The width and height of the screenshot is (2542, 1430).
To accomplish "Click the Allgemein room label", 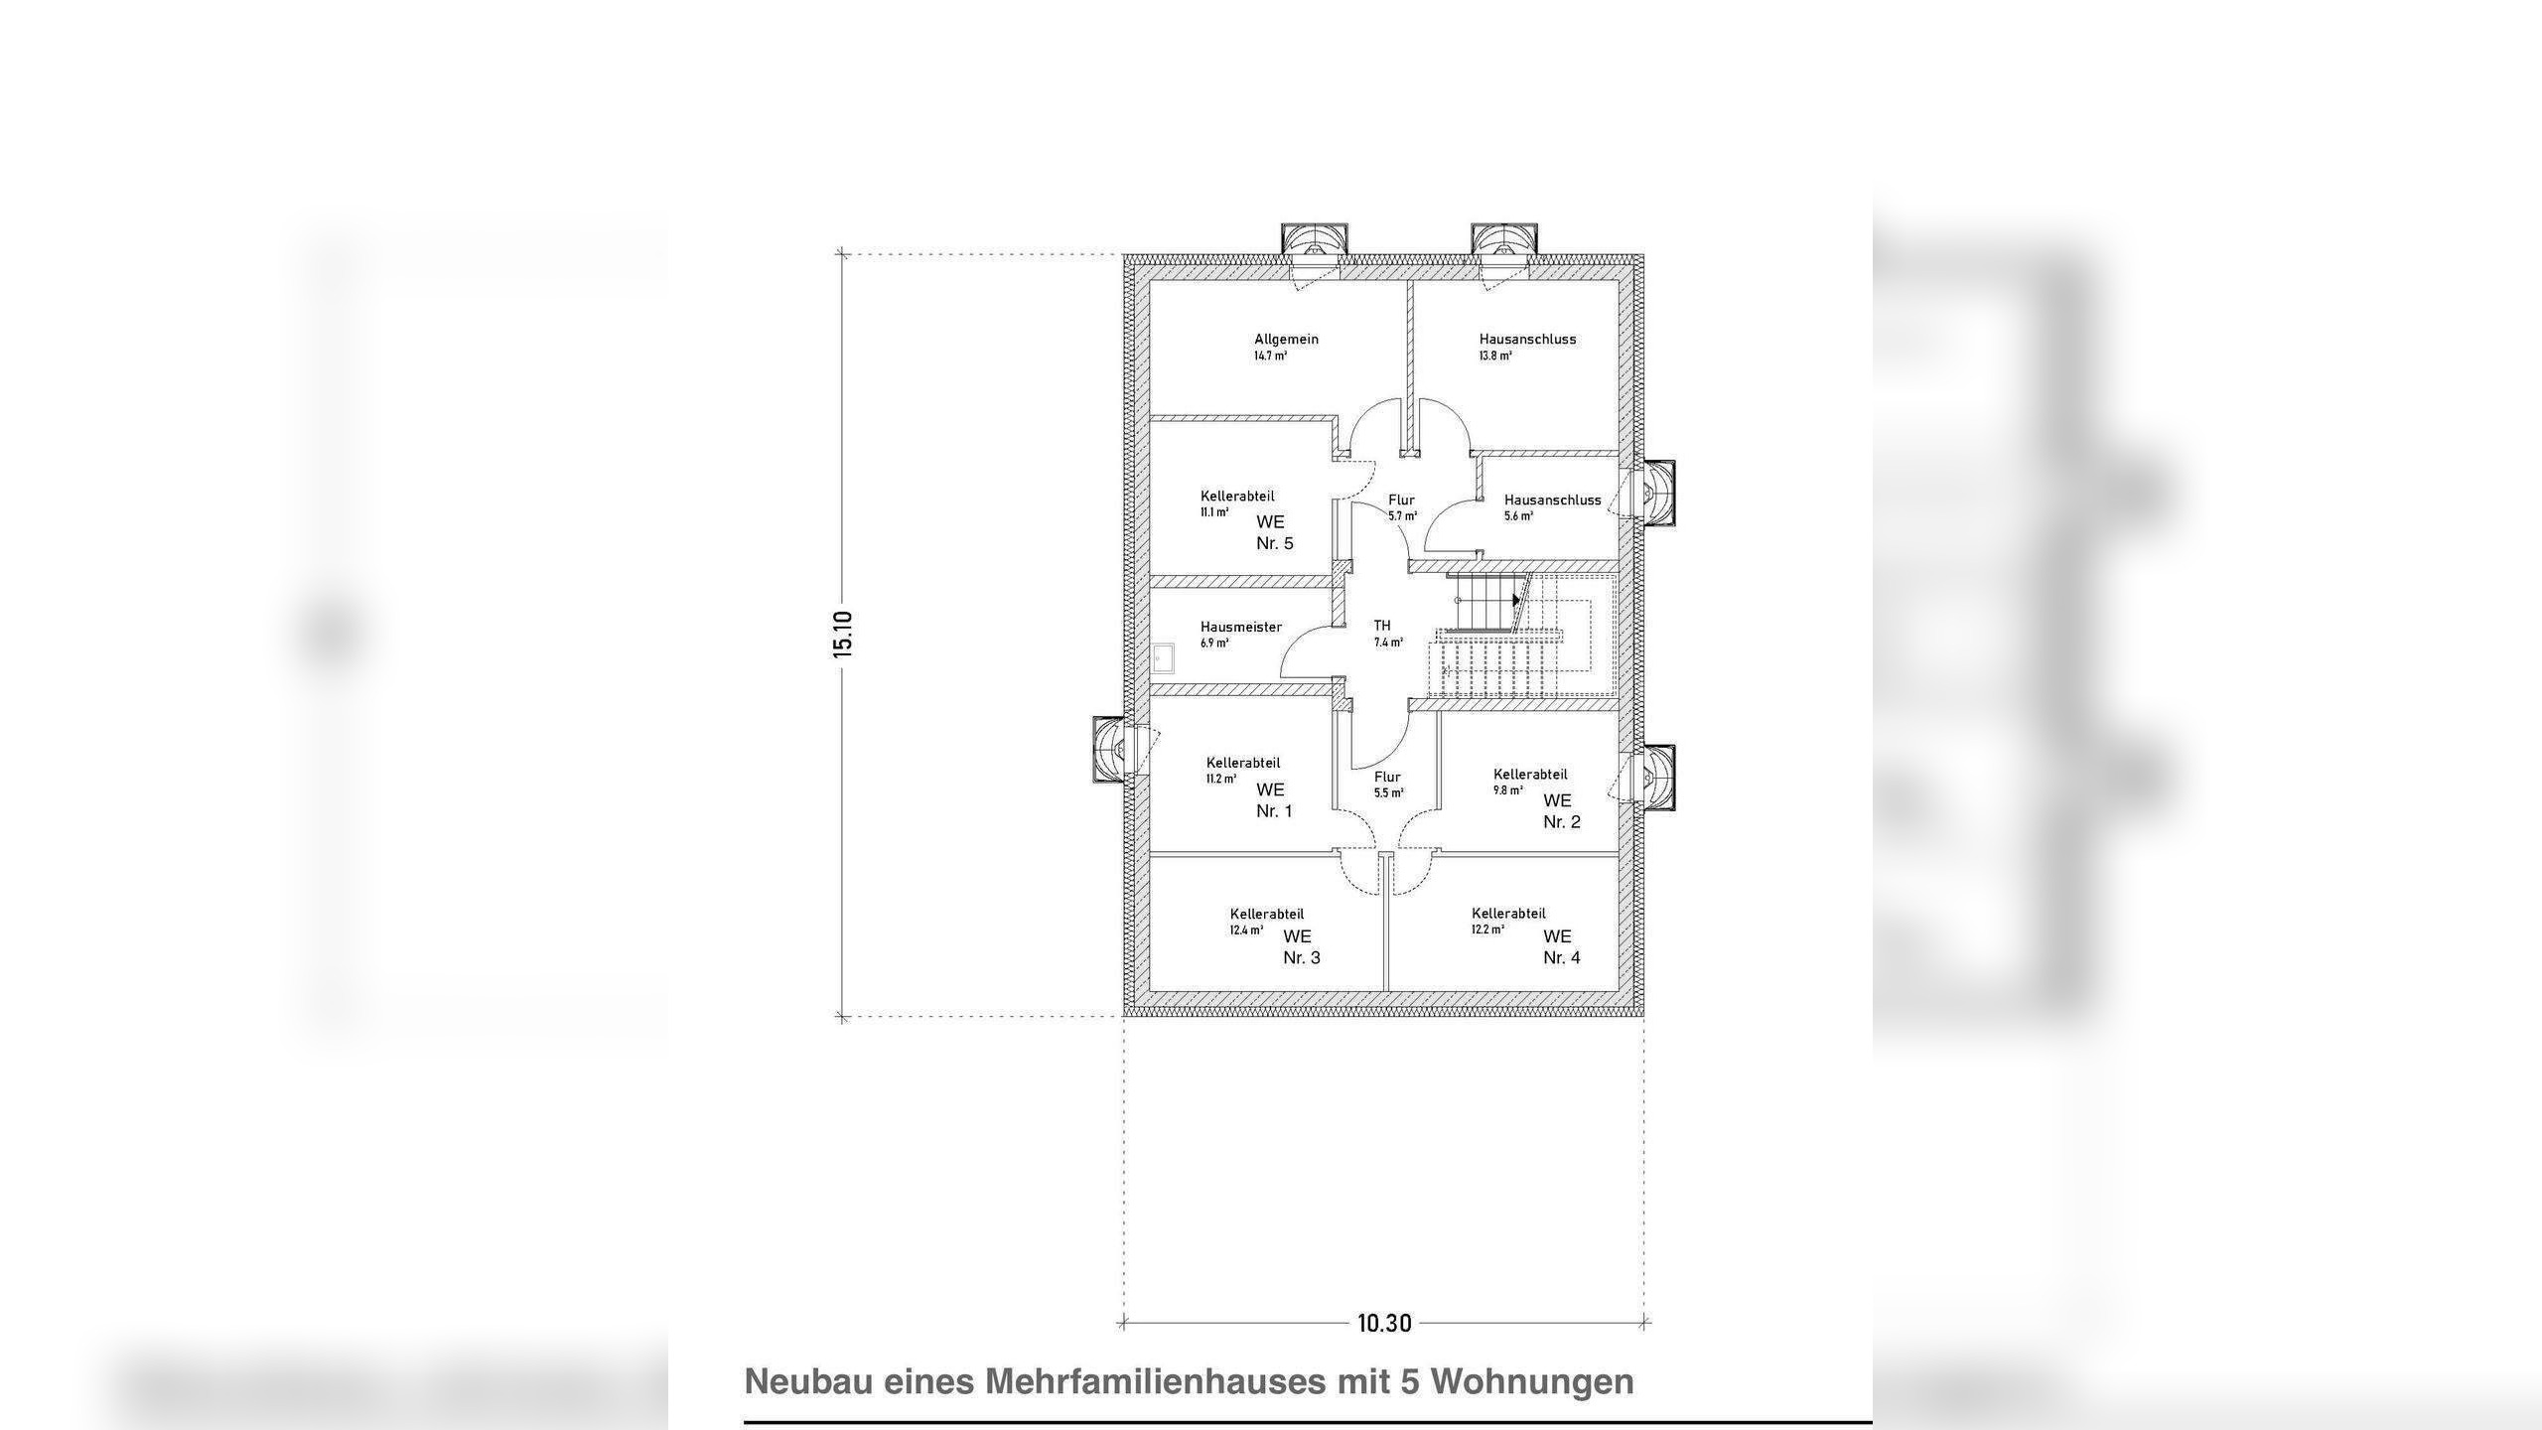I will (1286, 340).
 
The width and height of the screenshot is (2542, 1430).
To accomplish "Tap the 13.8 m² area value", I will (1495, 356).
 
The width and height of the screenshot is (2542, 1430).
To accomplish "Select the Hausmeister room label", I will (1240, 628).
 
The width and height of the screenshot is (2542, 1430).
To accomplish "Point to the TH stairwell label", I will (1382, 626).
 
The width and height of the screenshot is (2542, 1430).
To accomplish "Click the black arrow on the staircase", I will (1516, 600).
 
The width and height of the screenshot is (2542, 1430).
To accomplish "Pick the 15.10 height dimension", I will (843, 634).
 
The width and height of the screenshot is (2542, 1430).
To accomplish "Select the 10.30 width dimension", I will (1384, 1323).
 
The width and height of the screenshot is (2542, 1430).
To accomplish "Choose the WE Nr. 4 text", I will (1561, 947).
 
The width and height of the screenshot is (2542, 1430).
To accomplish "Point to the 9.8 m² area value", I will (1507, 791).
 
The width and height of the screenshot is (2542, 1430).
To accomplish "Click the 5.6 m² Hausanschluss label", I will (1518, 516).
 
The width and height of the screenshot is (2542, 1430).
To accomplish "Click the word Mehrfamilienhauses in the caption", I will (1155, 1381).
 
